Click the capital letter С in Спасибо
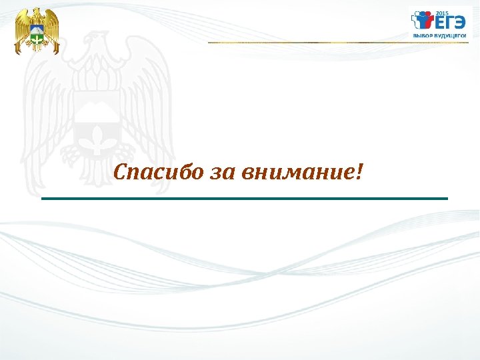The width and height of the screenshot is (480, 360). point(121,173)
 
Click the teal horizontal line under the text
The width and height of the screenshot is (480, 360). point(245,199)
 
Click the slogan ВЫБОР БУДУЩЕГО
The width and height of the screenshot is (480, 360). point(439,37)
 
